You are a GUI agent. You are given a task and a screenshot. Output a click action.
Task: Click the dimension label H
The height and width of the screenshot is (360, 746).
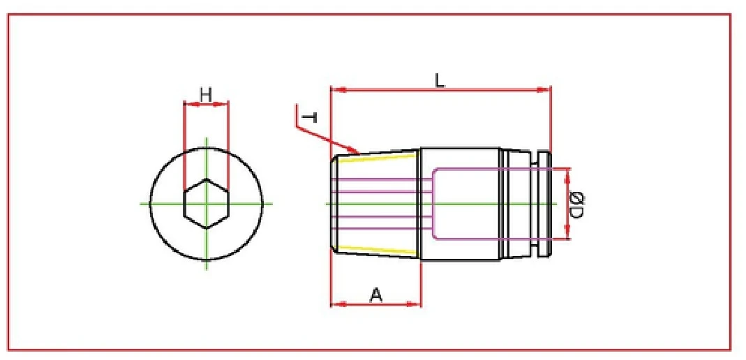click(x=205, y=93)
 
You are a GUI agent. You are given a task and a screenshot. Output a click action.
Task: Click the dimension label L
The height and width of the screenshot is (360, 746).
click(x=440, y=80)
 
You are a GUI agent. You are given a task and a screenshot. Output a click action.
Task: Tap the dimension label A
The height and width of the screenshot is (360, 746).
click(x=375, y=295)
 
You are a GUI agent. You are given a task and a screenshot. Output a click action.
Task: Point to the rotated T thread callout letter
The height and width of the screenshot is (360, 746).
click(x=311, y=117)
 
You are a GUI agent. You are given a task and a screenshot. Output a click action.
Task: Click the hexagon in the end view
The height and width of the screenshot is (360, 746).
click(x=206, y=204)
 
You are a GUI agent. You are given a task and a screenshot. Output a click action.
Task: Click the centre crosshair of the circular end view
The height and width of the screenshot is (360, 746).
click(x=206, y=204)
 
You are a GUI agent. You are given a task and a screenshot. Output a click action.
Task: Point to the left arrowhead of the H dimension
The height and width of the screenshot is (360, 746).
click(x=188, y=105)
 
